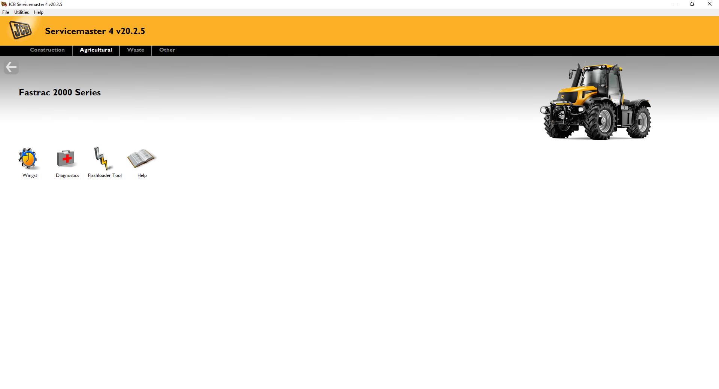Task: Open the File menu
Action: coord(6,12)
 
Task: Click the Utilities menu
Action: coord(21,12)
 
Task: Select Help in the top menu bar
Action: coord(39,12)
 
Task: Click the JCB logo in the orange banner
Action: coord(21,30)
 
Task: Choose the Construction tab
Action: coord(47,50)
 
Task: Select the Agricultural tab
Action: coord(96,50)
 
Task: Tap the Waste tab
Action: coord(136,50)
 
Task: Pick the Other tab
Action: coord(167,50)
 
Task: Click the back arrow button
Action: coord(11,67)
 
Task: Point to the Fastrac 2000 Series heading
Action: coord(60,93)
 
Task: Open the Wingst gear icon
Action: coord(28,159)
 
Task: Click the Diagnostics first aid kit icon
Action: coord(66,159)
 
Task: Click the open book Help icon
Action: coord(141,159)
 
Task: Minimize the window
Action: coord(676,4)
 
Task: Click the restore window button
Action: coord(692,4)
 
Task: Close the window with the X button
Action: coord(709,4)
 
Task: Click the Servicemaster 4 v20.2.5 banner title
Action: coord(95,31)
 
